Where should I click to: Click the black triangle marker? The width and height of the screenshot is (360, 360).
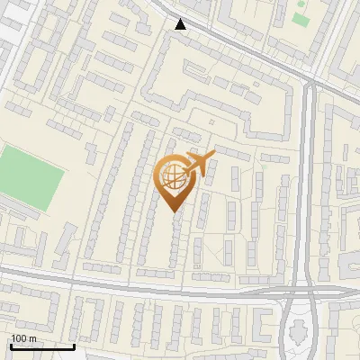coord(181,24)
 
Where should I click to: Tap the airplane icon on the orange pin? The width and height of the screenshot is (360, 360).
coord(198,164)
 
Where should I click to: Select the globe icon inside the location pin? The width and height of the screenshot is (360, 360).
coord(173,177)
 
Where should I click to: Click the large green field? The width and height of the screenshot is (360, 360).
coord(30,177)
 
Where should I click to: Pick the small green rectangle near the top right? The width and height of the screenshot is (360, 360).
coord(300,19)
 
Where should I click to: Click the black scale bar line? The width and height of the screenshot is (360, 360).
coord(42,346)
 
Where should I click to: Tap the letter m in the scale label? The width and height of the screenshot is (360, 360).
coord(33,338)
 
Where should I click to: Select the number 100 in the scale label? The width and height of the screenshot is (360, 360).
coord(20,338)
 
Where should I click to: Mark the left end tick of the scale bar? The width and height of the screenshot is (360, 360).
coord(11,346)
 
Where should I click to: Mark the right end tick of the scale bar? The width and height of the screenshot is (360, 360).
coord(74,346)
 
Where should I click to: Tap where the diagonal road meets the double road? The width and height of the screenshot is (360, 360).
coord(309,81)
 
